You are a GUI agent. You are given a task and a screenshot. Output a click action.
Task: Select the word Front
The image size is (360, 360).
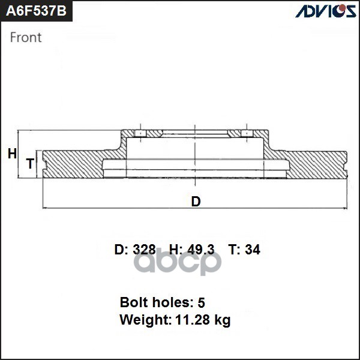[26, 37]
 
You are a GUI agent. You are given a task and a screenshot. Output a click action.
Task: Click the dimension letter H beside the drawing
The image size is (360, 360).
[12, 154]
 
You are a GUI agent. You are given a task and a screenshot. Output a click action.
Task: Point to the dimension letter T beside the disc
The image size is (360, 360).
[29, 164]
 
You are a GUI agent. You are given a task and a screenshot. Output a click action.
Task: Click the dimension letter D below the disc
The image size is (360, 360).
[196, 202]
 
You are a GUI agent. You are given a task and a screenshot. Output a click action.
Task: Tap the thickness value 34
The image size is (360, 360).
[253, 250]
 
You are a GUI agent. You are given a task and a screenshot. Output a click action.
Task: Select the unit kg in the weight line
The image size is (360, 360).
[223, 320]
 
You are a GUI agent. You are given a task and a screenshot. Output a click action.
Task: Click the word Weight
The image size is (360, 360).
[143, 320]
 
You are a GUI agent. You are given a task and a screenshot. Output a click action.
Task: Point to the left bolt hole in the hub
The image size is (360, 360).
[139, 133]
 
